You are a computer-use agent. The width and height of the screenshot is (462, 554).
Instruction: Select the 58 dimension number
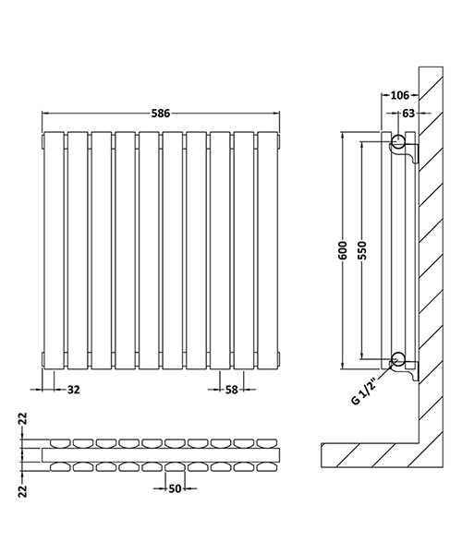click(x=232, y=391)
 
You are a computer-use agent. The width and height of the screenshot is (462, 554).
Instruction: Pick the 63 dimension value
click(x=408, y=114)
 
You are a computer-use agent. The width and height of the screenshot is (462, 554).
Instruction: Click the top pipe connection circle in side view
click(x=397, y=142)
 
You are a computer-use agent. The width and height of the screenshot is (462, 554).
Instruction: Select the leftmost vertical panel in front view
click(x=54, y=249)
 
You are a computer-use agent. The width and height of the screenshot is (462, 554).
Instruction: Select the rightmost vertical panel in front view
click(x=268, y=249)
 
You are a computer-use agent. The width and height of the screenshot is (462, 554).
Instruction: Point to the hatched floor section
click(x=370, y=452)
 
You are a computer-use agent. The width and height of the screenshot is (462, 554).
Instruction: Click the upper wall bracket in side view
click(x=410, y=153)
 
